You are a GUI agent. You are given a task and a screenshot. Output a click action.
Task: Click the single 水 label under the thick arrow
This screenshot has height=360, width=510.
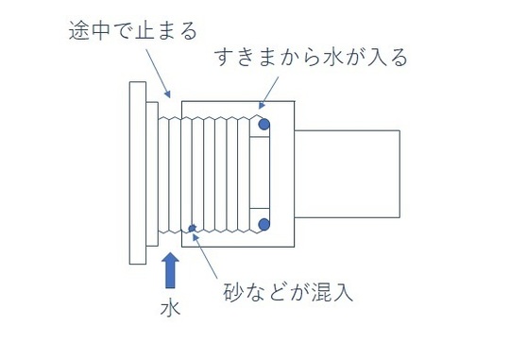click(171, 308)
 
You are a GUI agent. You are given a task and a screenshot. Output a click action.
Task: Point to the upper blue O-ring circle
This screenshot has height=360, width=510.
click(263, 124)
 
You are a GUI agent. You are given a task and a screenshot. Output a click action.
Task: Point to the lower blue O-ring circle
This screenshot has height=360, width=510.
click(263, 225)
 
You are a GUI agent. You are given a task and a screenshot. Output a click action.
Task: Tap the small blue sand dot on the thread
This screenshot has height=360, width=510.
click(193, 228)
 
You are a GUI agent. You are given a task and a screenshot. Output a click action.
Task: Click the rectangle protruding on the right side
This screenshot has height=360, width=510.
click(348, 174)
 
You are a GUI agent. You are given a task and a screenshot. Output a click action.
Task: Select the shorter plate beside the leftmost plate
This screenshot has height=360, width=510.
click(151, 174)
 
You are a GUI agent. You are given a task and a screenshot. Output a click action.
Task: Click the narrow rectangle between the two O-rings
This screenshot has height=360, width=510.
click(259, 174)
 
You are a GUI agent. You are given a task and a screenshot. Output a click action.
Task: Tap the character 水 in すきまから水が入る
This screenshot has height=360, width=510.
click(318, 59)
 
